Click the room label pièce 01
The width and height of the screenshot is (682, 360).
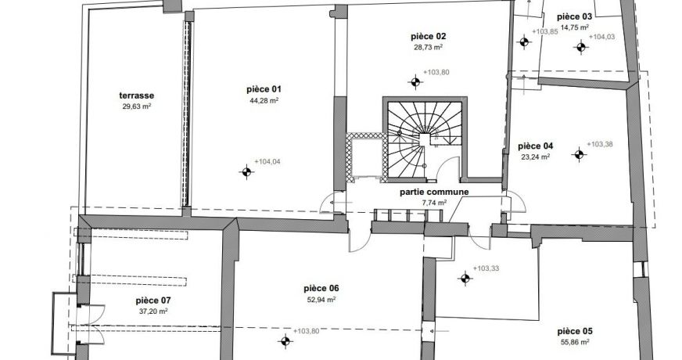[x=264, y=89]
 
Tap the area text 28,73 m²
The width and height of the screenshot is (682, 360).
[x=428, y=48]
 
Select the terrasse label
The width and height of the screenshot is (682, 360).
[x=137, y=95]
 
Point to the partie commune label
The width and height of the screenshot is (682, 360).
[x=434, y=192]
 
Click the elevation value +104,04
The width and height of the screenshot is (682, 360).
[x=267, y=162]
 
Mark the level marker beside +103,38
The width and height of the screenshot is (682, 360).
[x=579, y=154]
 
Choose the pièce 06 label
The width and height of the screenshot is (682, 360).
[x=321, y=288]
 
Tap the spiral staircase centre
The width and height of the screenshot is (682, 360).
[x=425, y=140]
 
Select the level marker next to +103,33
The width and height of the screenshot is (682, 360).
[x=465, y=278]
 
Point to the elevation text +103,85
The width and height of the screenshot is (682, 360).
[x=544, y=31]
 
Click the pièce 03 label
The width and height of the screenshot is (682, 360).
[x=575, y=17]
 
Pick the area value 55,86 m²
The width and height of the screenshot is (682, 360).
[x=575, y=342]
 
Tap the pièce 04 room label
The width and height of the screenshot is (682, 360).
[x=536, y=146]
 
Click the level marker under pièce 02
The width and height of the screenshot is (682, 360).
[x=415, y=81]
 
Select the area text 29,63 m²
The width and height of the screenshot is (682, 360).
[x=137, y=106]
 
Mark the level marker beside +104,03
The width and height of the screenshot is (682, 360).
[x=580, y=47]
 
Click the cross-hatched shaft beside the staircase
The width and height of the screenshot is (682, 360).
[x=366, y=157]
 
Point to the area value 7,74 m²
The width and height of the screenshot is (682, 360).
[x=434, y=203]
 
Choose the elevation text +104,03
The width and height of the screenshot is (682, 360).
[x=601, y=37]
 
